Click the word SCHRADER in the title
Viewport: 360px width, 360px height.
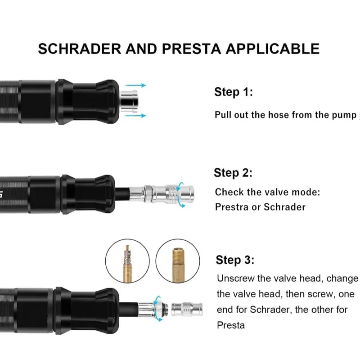(x=80, y=49)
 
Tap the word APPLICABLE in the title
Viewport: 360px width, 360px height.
(x=273, y=49)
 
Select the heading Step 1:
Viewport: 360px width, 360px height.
(x=234, y=92)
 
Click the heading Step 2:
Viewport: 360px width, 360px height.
(x=233, y=173)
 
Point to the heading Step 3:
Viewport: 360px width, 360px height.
(x=235, y=261)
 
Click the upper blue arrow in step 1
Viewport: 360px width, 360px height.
(x=135, y=85)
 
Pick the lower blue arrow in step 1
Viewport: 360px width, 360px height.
(x=135, y=116)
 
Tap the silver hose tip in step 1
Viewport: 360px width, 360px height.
(x=129, y=101)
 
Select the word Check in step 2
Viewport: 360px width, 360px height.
(x=229, y=192)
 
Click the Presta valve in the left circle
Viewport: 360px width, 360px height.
(x=127, y=264)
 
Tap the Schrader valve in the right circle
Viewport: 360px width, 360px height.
(x=178, y=265)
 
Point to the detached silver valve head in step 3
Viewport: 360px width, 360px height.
(x=187, y=310)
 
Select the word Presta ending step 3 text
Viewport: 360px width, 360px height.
(x=231, y=325)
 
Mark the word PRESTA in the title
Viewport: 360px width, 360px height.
(x=192, y=49)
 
